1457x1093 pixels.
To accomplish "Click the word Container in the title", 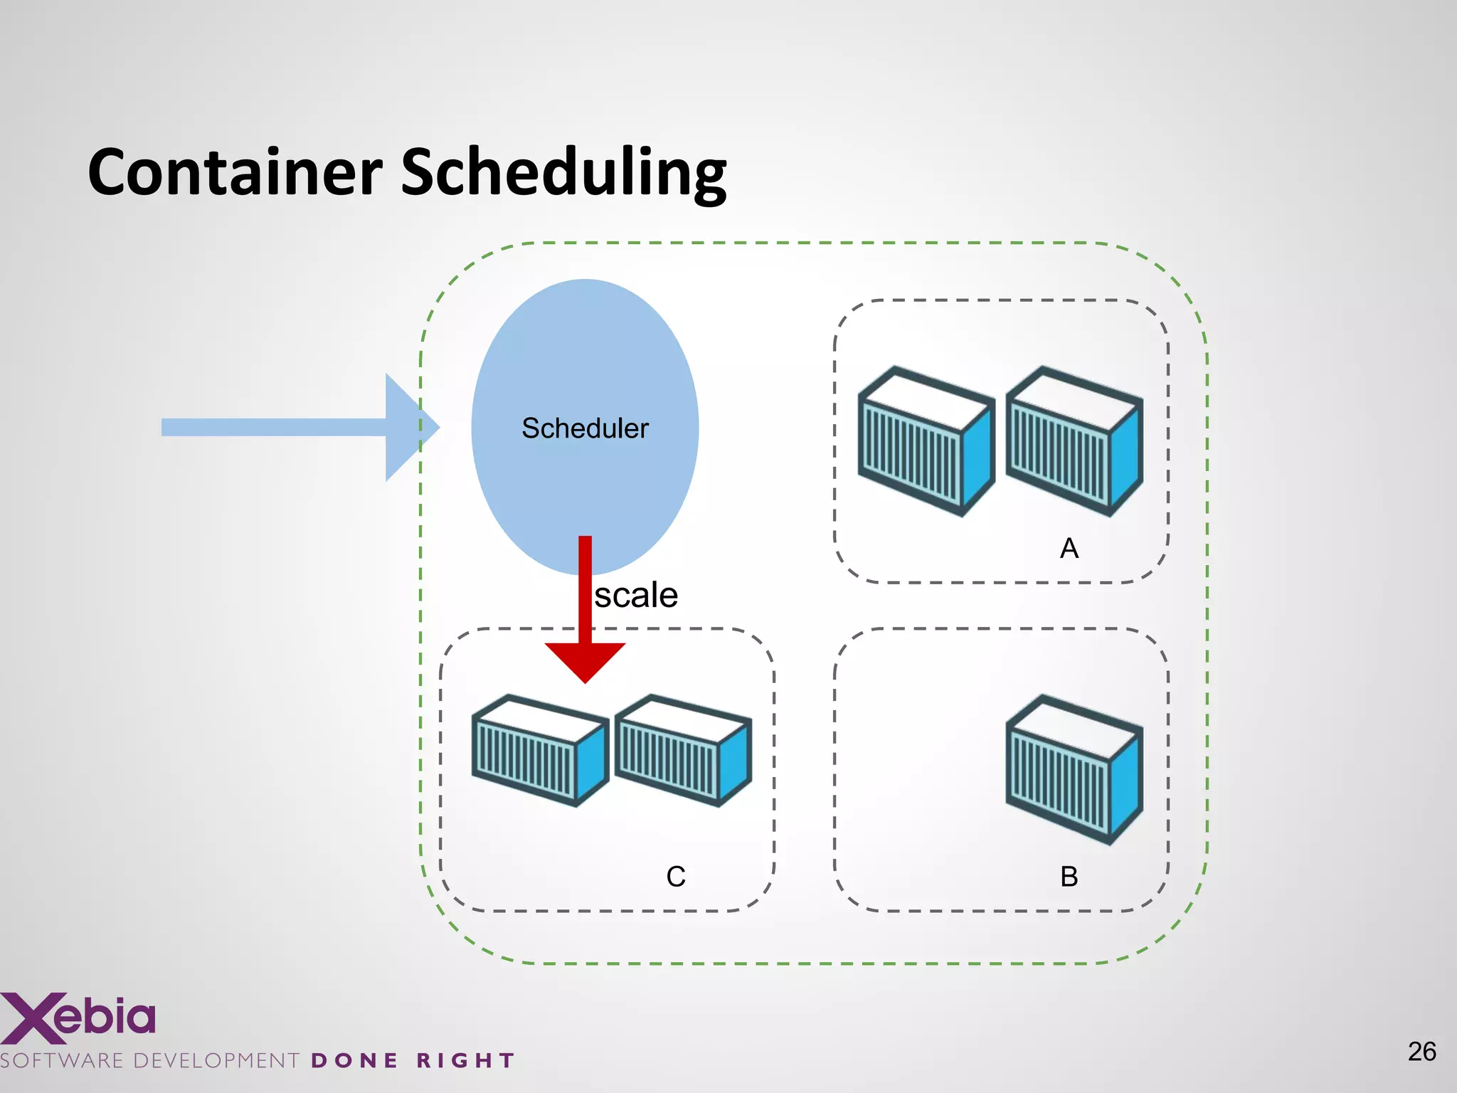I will (235, 172).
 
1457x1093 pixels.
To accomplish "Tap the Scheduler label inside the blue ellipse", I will (585, 428).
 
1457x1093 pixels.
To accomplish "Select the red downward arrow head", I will (585, 660).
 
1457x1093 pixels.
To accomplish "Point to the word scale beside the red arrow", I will (636, 595).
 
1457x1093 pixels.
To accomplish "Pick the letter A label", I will (1069, 549).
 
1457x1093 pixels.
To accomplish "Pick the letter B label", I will (1069, 877).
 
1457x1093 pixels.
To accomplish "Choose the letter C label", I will (675, 877).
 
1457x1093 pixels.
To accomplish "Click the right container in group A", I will (1074, 441).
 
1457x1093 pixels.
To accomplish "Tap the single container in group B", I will (1074, 770).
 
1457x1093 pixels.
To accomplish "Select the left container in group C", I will (539, 751).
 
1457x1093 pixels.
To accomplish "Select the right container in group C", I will (683, 751).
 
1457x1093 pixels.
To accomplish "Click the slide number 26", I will (1421, 1052).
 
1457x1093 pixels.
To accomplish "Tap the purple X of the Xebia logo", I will (27, 1018).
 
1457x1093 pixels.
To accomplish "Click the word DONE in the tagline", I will (354, 1061).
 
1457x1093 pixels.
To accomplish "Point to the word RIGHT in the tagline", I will (465, 1061).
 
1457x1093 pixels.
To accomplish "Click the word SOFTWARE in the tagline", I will (62, 1061).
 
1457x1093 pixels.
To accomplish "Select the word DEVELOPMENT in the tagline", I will (216, 1061).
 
